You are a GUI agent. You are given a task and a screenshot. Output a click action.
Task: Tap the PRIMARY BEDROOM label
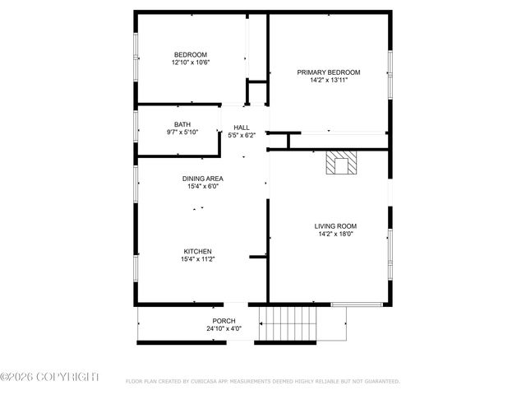[x=329, y=72]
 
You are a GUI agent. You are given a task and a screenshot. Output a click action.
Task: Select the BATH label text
[x=182, y=124]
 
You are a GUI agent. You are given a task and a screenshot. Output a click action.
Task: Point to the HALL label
[x=242, y=128]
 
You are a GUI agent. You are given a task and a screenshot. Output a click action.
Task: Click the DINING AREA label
[x=203, y=178]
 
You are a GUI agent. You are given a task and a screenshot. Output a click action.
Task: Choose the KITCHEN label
[x=198, y=251]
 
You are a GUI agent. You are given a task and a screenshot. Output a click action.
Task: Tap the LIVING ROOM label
[x=335, y=225]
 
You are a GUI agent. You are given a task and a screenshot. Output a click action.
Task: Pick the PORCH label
[x=224, y=321]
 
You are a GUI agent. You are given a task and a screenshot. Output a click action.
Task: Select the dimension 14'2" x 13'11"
[x=329, y=81]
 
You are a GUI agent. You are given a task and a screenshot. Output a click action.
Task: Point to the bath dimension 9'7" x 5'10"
[x=182, y=132]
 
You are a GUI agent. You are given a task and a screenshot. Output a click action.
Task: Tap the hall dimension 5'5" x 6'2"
[x=242, y=136]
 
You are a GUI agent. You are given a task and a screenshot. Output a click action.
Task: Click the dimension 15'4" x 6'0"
[x=203, y=186]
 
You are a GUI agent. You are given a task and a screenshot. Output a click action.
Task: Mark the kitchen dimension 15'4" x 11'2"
[x=198, y=259]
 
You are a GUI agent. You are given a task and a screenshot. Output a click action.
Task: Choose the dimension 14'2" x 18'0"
[x=335, y=234]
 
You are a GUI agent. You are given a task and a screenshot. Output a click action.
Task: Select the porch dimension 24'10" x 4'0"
[x=224, y=329]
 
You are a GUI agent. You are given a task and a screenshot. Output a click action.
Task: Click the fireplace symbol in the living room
[x=340, y=163]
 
